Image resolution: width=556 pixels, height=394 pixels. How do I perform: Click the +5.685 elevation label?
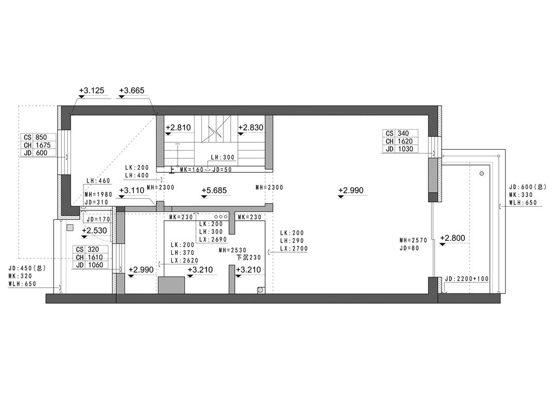214,190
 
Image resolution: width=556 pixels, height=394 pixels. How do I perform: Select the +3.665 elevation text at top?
132,91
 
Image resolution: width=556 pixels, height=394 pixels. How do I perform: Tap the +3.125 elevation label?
92,91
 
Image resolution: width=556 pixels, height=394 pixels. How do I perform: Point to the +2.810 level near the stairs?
178,127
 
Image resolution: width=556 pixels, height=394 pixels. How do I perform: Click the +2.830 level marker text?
251,127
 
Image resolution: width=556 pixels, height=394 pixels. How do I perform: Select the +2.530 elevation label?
94,231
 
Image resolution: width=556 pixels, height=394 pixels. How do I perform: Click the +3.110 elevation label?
132,190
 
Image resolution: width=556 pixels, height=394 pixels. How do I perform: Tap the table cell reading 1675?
43,145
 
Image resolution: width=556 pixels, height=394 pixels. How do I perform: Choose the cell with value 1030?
405,149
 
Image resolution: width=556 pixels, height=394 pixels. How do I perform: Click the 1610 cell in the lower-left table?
95,257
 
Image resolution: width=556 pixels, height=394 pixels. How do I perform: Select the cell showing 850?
41,137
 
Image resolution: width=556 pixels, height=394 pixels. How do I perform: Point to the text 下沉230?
248,257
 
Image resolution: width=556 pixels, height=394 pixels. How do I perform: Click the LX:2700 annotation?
293,249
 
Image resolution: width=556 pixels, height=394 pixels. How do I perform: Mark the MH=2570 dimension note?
413,240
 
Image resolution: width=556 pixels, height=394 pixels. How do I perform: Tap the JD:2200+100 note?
466,279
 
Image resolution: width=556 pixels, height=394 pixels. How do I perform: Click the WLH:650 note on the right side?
523,203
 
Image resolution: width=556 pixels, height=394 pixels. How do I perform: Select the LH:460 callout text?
98,181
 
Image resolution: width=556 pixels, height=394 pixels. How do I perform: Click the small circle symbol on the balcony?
481,173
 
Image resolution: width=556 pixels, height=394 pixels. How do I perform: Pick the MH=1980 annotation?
98,194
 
